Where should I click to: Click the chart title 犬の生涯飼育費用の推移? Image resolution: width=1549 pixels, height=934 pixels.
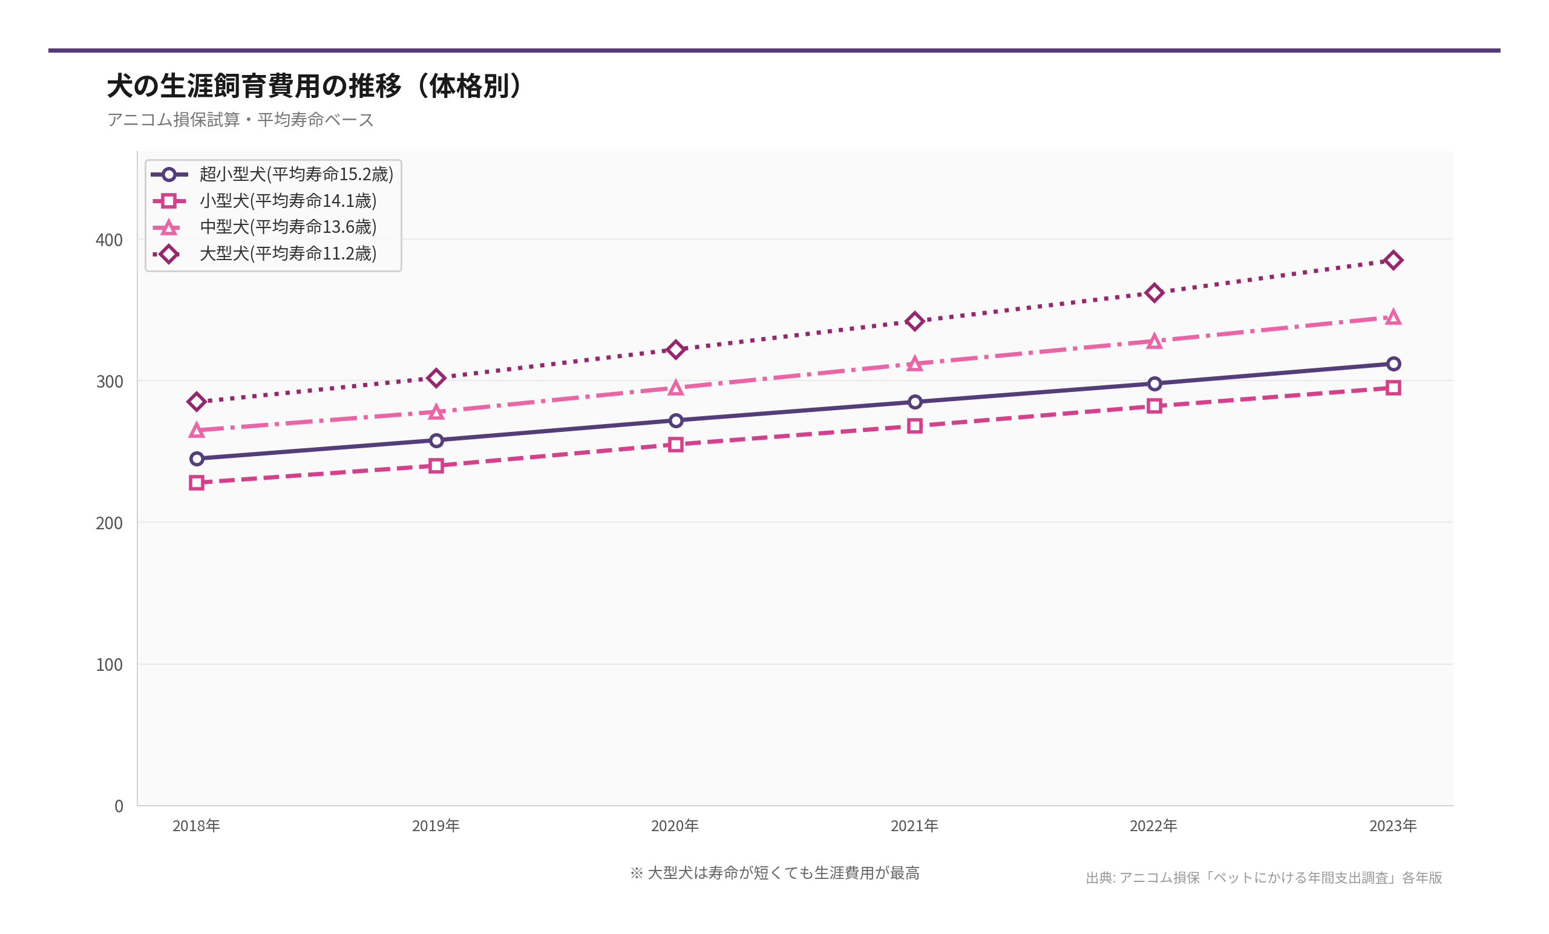(314, 86)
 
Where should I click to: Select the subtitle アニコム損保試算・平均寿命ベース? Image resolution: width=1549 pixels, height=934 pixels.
(240, 119)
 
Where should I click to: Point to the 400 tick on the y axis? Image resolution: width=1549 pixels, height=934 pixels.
(109, 240)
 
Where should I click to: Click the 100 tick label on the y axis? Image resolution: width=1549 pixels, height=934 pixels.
(109, 664)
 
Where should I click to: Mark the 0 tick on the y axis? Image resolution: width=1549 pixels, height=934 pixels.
(118, 806)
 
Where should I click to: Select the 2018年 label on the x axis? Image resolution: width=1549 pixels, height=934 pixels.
(196, 826)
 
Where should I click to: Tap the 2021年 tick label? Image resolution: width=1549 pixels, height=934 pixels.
(914, 826)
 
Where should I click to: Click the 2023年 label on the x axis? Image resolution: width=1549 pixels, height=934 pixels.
(1393, 826)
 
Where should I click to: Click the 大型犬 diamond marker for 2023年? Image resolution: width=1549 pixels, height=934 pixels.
(1393, 260)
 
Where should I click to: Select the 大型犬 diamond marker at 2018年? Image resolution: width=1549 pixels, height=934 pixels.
(197, 402)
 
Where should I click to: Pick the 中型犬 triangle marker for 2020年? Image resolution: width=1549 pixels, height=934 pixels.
(676, 388)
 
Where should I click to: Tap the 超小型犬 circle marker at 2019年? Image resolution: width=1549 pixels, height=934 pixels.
(436, 440)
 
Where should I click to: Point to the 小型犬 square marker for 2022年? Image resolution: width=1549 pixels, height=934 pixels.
(1154, 406)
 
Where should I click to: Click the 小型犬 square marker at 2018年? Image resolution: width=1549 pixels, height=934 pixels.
(197, 483)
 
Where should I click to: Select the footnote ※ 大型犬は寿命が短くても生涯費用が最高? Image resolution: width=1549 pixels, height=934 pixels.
(774, 873)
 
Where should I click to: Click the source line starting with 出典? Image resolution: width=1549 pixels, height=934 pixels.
(1263, 877)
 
